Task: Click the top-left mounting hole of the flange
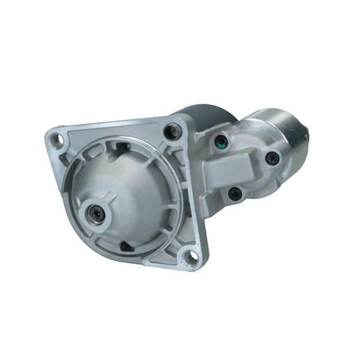pyautogui.click(x=57, y=140)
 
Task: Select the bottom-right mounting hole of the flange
pyautogui.click(x=190, y=256)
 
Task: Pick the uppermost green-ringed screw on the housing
pyautogui.click(x=221, y=142)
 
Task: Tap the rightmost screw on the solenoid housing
pyautogui.click(x=272, y=158)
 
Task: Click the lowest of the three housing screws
pyautogui.click(x=235, y=194)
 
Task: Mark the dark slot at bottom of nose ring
pyautogui.click(x=126, y=246)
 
